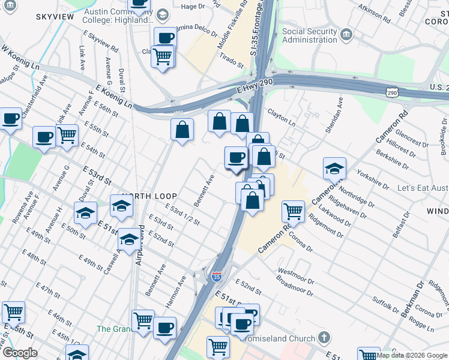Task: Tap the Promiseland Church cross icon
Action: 324,338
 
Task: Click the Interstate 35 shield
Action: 216,276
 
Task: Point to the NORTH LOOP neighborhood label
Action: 149,196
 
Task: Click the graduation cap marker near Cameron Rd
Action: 334,169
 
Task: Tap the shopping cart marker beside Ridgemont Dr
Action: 292,211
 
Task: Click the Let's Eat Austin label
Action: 423,188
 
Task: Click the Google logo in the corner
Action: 20,353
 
